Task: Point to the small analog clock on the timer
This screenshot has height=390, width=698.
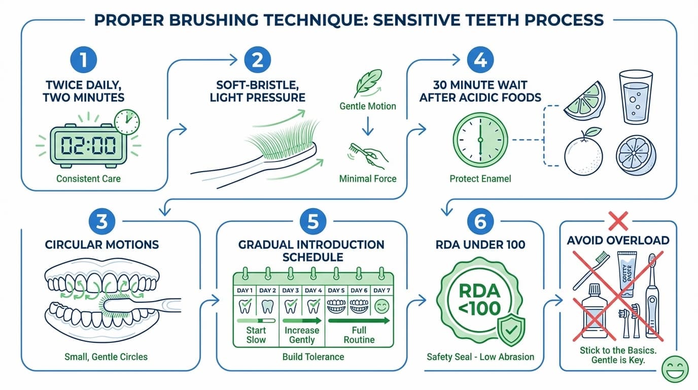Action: coord(126,121)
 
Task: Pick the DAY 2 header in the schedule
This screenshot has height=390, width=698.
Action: coord(267,290)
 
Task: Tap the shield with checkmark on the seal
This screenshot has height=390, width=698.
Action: coord(511,329)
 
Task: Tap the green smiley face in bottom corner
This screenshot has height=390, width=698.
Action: coord(675,369)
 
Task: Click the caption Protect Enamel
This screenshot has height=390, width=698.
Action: coord(479,178)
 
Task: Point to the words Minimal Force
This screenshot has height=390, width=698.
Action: coord(368,178)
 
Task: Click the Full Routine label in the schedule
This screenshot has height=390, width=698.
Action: coord(359,335)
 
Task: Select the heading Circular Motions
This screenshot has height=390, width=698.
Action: coord(102,244)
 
